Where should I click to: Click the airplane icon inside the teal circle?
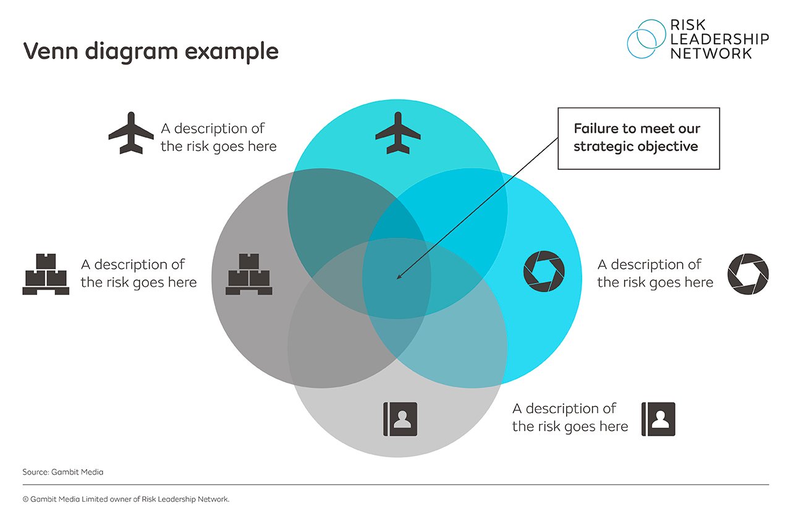(397, 133)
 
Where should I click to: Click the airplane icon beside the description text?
(131, 133)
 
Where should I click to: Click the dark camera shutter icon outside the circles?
(748, 274)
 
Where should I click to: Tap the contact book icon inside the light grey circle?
(400, 419)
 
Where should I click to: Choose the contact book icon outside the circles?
(658, 419)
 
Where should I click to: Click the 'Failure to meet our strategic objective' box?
(638, 138)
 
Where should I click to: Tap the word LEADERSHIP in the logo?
(720, 39)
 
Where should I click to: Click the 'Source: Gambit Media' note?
(63, 472)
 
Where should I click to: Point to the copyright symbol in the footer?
(26, 499)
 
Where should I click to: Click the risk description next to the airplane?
(219, 137)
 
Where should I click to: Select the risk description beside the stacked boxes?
(138, 273)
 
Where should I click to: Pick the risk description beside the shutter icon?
(655, 273)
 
